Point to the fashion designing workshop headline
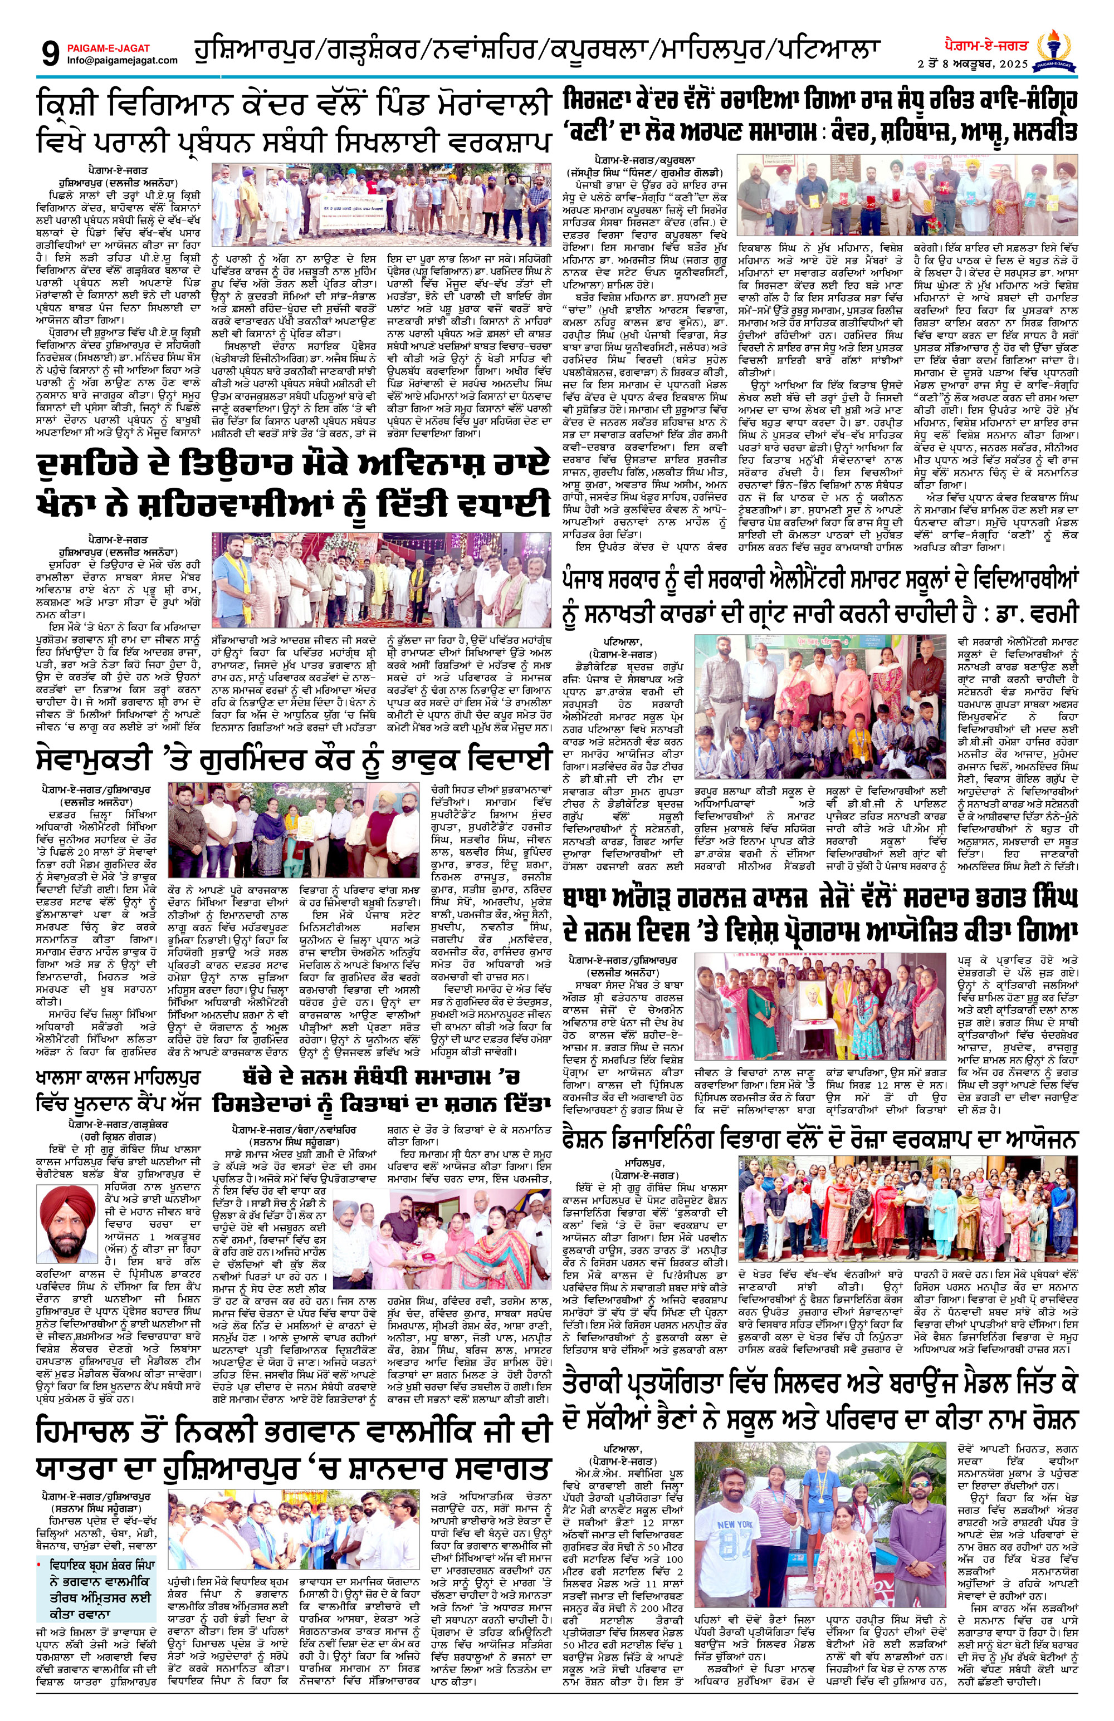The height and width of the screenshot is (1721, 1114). [x=822, y=1140]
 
